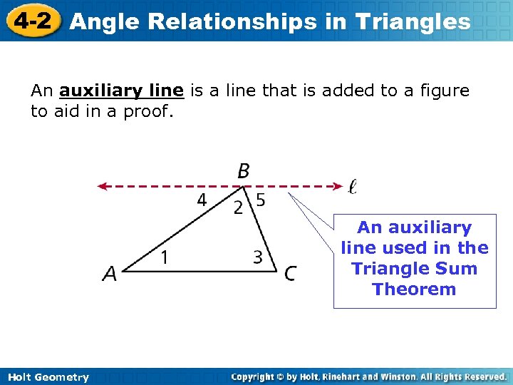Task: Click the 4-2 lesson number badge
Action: pyautogui.click(x=32, y=20)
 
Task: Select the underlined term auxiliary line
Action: pyautogui.click(x=122, y=91)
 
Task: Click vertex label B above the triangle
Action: pyautogui.click(x=244, y=171)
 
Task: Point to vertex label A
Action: pyautogui.click(x=110, y=273)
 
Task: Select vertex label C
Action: pyautogui.click(x=290, y=273)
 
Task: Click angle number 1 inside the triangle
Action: pyautogui.click(x=164, y=257)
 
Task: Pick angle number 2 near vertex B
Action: pyautogui.click(x=239, y=207)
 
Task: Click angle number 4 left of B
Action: pyautogui.click(x=202, y=200)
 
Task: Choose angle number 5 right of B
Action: pyautogui.click(x=261, y=200)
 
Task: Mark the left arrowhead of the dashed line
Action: pyautogui.click(x=103, y=187)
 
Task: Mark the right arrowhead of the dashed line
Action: pyautogui.click(x=339, y=187)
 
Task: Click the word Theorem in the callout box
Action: pyautogui.click(x=414, y=289)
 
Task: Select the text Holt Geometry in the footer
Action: pyautogui.click(x=48, y=377)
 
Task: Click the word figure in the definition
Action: pyautogui.click(x=443, y=91)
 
